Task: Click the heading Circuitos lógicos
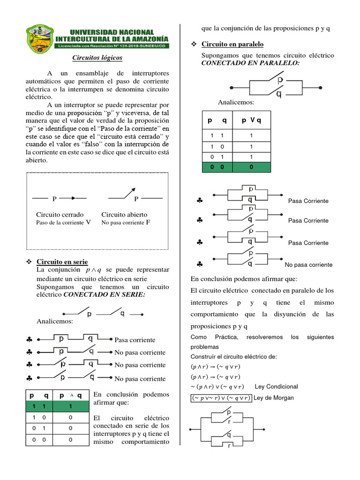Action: point(97,58)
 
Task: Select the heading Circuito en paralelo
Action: point(232,44)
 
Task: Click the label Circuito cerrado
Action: point(60,215)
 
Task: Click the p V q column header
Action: point(251,120)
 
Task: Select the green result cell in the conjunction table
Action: point(70,405)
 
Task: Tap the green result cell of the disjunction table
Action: point(251,166)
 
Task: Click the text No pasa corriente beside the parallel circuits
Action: point(308,265)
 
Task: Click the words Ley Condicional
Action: point(276,387)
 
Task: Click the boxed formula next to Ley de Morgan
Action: point(221,398)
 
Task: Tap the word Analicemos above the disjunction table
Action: point(236,102)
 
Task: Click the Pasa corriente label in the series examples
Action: point(135,340)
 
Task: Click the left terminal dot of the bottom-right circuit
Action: point(190,428)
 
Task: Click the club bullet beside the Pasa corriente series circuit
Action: point(30,339)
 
